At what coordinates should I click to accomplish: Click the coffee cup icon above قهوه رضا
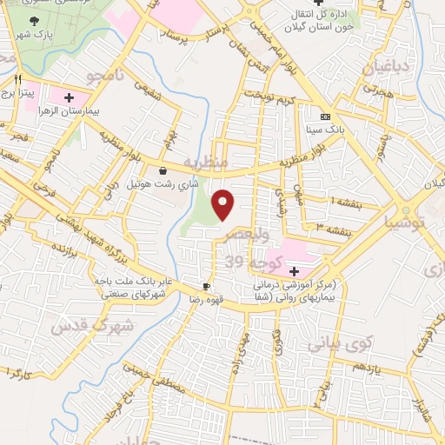206,286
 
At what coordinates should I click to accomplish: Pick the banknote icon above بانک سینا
325,116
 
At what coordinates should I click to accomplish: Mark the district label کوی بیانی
339,340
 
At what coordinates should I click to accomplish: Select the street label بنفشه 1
321,201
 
